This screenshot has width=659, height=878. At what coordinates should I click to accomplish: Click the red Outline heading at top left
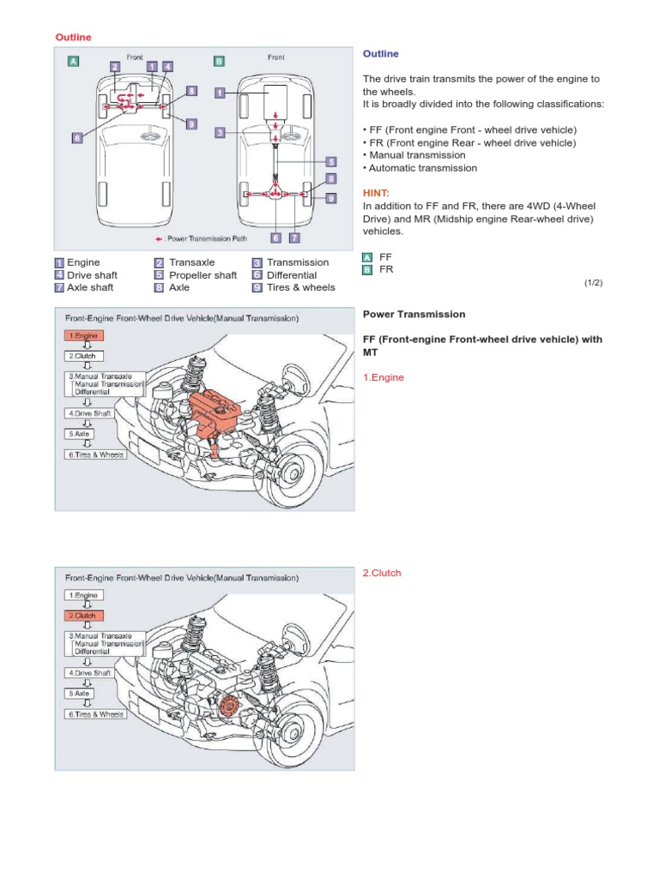(74, 37)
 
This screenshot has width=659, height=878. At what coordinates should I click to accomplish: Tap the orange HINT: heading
(378, 194)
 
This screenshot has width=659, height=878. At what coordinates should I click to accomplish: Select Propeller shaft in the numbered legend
(203, 275)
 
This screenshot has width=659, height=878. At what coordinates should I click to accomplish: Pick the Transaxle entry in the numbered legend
(191, 262)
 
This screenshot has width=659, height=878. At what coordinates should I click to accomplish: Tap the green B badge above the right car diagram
(220, 61)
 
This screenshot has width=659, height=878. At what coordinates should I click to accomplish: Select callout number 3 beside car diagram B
(220, 133)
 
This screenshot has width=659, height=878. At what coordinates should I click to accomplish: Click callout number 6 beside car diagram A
(77, 136)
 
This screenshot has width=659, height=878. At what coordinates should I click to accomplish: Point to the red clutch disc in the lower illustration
(228, 706)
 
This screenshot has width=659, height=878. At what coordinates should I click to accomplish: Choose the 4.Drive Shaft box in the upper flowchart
(89, 412)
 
